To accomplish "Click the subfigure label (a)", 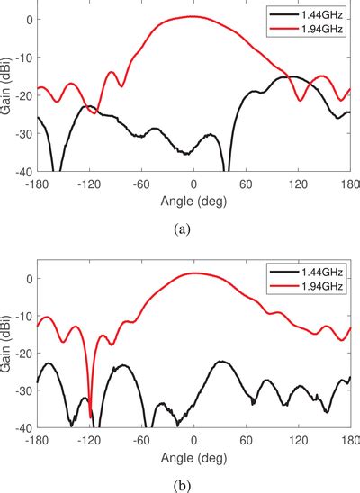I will tap(184, 229).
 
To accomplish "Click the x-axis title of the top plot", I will tap(193, 200).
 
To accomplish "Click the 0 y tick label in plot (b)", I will tap(28, 279).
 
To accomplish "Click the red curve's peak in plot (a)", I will tap(193, 16).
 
